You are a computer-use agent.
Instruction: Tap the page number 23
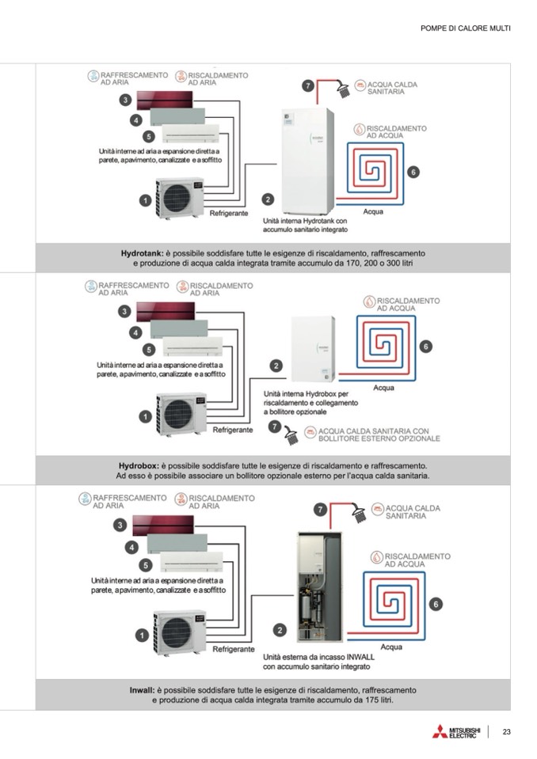pos(506,731)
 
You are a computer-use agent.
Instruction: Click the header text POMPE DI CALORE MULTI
pos(465,28)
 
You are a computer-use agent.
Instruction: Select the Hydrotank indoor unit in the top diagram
pos(309,150)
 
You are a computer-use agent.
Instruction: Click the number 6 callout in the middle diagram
pos(426,346)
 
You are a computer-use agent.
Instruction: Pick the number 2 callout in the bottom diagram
pos(280,630)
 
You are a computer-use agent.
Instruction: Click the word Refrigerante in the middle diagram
pos(233,430)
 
